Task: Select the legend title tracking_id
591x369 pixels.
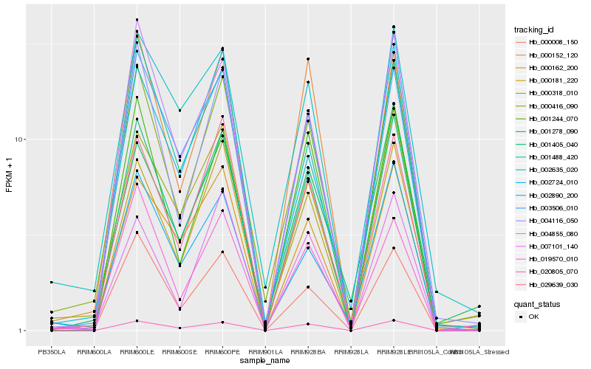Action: (534, 30)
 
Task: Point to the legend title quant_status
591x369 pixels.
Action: (537, 303)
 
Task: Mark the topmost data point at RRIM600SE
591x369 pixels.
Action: (180, 111)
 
